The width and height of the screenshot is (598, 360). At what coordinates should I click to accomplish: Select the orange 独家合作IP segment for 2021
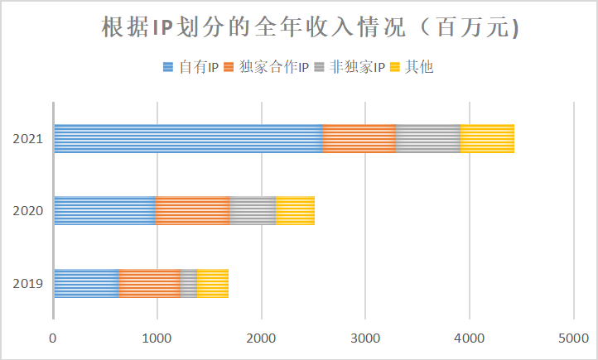[359, 138]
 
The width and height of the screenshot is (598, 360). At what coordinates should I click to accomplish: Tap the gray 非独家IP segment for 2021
[427, 138]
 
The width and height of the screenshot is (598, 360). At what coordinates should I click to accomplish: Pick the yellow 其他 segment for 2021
[487, 138]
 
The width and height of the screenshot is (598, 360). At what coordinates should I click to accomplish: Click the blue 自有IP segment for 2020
[104, 210]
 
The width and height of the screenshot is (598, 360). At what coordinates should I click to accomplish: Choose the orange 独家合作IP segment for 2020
[192, 210]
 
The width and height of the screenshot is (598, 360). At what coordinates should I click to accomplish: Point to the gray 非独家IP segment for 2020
[253, 210]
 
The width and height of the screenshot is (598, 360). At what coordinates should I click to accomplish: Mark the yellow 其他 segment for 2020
[295, 210]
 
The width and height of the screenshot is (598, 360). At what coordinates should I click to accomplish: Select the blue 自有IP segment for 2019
[86, 283]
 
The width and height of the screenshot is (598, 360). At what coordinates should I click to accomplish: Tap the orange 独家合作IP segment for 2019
[149, 283]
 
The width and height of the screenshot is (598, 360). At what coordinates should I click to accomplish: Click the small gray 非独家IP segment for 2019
[189, 283]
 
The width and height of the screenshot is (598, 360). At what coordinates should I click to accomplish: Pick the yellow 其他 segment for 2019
[213, 283]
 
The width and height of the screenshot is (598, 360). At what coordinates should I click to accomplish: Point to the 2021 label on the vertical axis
[27, 138]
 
